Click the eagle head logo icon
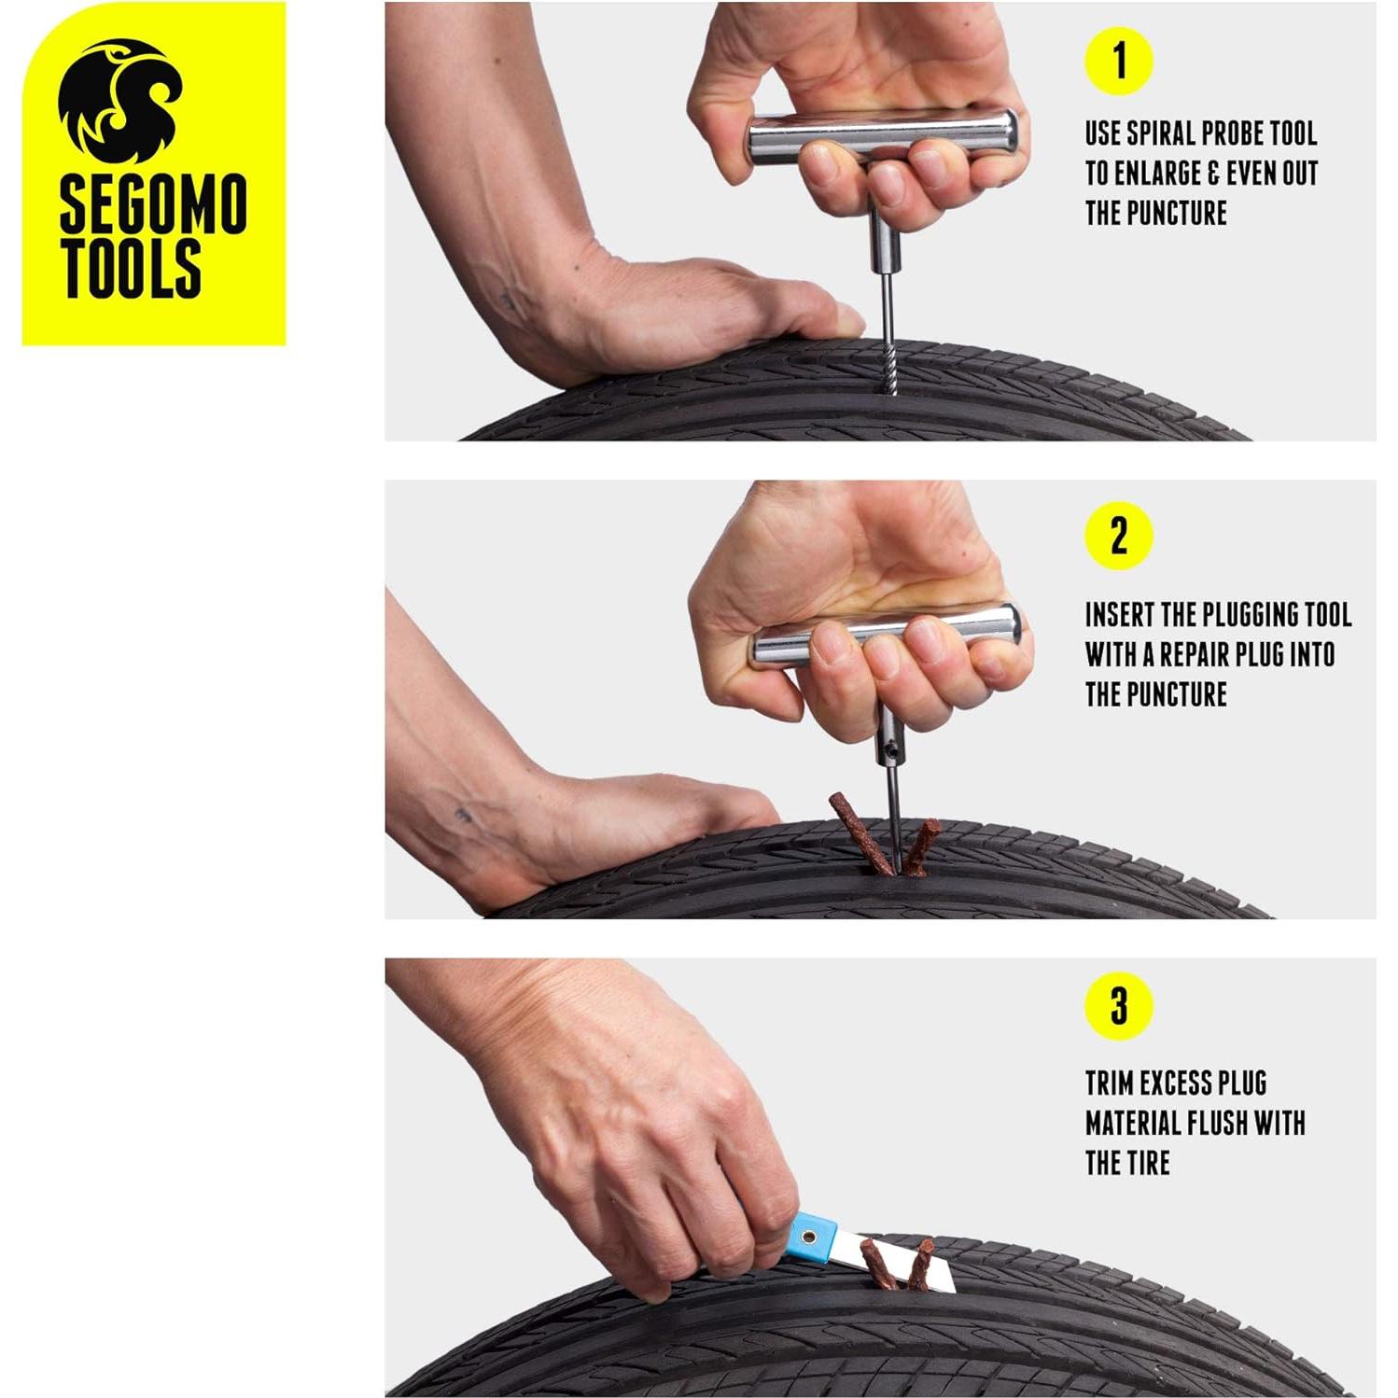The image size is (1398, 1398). [x=119, y=101]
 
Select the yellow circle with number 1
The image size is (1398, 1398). [x=1118, y=62]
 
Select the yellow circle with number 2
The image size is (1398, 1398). [x=1118, y=536]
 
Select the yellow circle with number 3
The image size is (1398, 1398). [x=1118, y=1006]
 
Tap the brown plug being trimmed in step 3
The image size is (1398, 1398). [x=879, y=1262]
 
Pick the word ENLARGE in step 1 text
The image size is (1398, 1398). [x=1160, y=174]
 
